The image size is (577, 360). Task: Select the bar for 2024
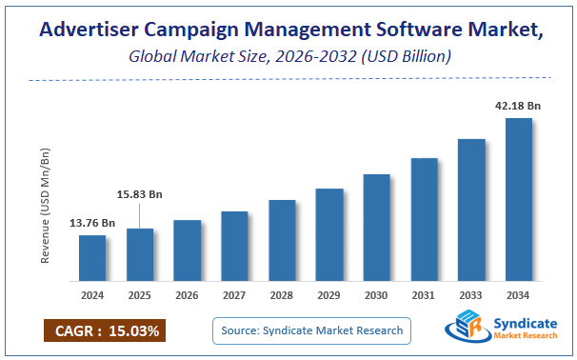coord(92,258)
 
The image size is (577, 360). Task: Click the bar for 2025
coord(140,254)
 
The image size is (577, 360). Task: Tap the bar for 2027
coord(234,246)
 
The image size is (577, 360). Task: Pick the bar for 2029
coord(329,234)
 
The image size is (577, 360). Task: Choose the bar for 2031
coord(425,219)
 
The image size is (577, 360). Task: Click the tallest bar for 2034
coord(519,199)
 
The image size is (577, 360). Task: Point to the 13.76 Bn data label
coord(92,223)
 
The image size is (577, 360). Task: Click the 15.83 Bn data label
coord(140,194)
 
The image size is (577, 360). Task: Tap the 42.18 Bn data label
coord(518,106)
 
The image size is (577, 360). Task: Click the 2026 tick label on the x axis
coord(188,295)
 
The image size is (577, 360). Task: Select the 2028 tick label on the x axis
coord(282,295)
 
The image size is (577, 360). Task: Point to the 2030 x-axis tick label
coord(377,295)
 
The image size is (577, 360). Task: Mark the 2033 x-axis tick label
coord(471,295)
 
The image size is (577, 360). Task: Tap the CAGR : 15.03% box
coord(104,330)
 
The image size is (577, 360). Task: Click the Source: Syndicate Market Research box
coord(312,330)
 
